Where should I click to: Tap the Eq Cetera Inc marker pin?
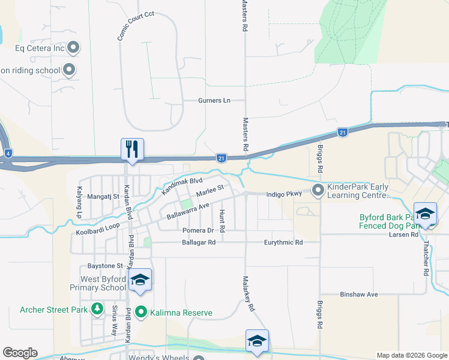click(74, 47)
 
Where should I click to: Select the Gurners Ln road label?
click(214, 100)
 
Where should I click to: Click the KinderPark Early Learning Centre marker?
click(318, 191)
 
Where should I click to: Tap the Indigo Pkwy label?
click(285, 194)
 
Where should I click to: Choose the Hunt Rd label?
click(221, 221)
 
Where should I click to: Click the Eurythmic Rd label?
click(283, 242)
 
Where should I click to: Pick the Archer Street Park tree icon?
click(97, 310)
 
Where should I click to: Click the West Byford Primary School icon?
click(140, 280)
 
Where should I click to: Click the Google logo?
click(19, 353)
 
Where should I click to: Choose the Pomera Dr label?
click(197, 230)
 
